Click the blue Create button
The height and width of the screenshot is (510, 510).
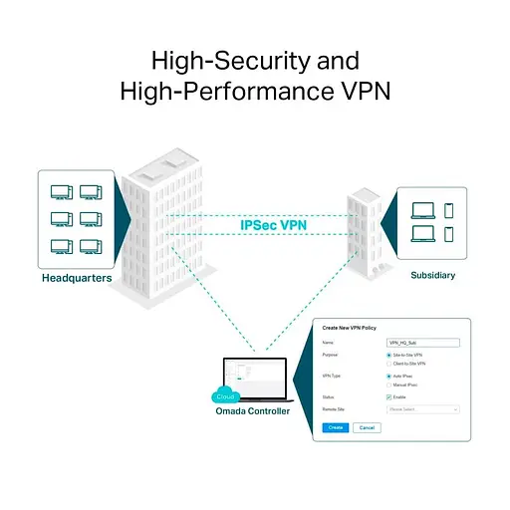335,427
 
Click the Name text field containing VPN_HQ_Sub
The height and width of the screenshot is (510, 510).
422,342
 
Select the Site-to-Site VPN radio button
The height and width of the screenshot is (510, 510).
388,355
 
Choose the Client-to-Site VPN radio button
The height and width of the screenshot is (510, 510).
388,364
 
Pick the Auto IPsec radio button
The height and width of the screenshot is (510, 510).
388,376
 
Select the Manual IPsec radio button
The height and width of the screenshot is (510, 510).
388,384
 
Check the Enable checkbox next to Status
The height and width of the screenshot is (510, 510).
388,396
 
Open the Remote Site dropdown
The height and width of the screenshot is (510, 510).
422,408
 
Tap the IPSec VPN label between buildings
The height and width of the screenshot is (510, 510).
274,225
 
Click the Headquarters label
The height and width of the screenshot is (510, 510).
76,278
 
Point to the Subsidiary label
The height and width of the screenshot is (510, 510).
432,272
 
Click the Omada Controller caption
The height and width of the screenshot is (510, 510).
253,410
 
